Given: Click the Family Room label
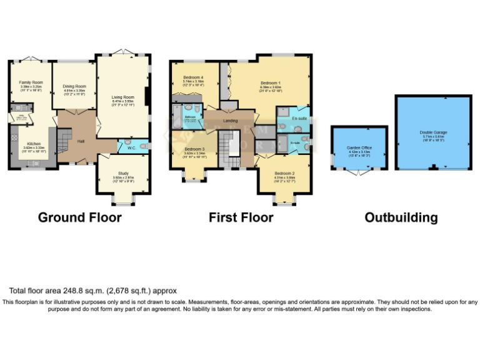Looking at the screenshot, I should point(30,82).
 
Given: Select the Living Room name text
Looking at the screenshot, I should point(123,97).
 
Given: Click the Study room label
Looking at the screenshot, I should point(122,173).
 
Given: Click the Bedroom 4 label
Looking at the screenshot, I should point(194,77).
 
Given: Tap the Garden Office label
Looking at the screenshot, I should point(359,147).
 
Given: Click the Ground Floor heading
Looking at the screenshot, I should point(79,217).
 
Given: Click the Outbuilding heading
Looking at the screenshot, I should point(401,217).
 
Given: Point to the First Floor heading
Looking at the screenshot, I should point(241,217).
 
